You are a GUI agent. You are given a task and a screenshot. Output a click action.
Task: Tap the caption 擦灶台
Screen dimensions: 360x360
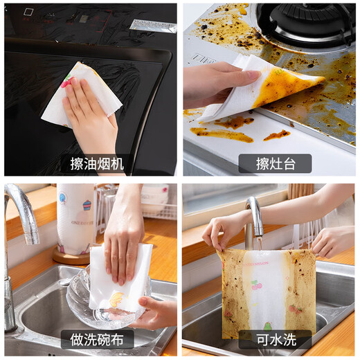(274, 163)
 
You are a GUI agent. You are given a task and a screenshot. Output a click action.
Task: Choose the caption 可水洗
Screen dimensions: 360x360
(274, 340)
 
